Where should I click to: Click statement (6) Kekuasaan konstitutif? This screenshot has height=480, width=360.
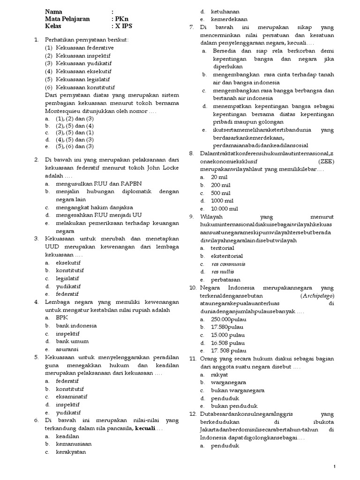tap(80, 87)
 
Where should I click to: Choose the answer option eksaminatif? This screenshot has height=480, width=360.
tap(73, 397)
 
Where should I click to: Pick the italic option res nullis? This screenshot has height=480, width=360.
tap(223, 271)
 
